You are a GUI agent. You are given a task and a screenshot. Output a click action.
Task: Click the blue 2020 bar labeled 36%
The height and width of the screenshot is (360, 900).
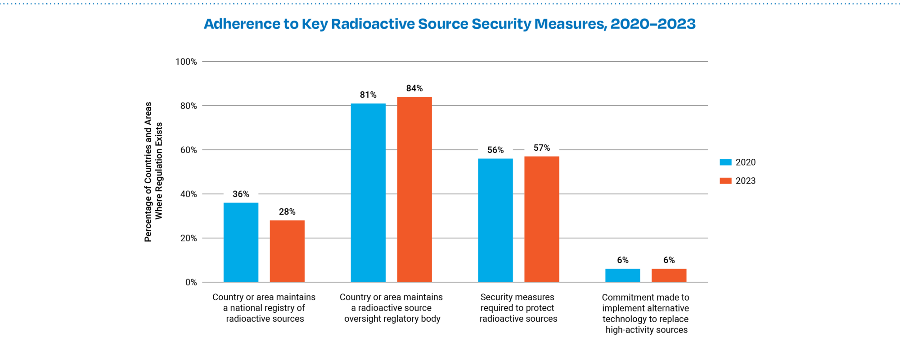point(241,243)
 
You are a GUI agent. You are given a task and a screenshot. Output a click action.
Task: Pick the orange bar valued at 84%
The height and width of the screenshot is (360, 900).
point(414,189)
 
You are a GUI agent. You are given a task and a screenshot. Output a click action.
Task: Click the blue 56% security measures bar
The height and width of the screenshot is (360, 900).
point(495,220)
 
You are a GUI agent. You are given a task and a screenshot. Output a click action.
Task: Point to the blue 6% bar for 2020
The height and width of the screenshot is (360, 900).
point(623,275)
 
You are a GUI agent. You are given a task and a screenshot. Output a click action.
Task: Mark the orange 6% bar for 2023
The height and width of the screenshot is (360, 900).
point(669,275)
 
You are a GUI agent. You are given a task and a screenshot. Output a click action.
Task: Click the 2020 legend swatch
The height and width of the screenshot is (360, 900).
point(725,162)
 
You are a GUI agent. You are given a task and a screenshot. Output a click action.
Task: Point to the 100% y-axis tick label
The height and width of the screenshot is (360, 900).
point(186,62)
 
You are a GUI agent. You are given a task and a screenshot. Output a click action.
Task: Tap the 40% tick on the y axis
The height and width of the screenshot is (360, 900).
point(189,194)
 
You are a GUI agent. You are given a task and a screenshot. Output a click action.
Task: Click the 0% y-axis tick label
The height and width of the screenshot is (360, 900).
point(191,282)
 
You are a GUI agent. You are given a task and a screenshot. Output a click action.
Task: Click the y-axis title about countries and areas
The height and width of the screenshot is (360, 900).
point(153,171)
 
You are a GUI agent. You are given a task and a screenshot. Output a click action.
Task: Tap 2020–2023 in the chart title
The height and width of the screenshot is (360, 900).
point(652,24)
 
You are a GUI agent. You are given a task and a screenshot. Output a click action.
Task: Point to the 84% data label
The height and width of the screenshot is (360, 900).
point(414,88)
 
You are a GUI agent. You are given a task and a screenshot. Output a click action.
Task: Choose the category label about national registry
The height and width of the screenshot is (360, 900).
point(264,308)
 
